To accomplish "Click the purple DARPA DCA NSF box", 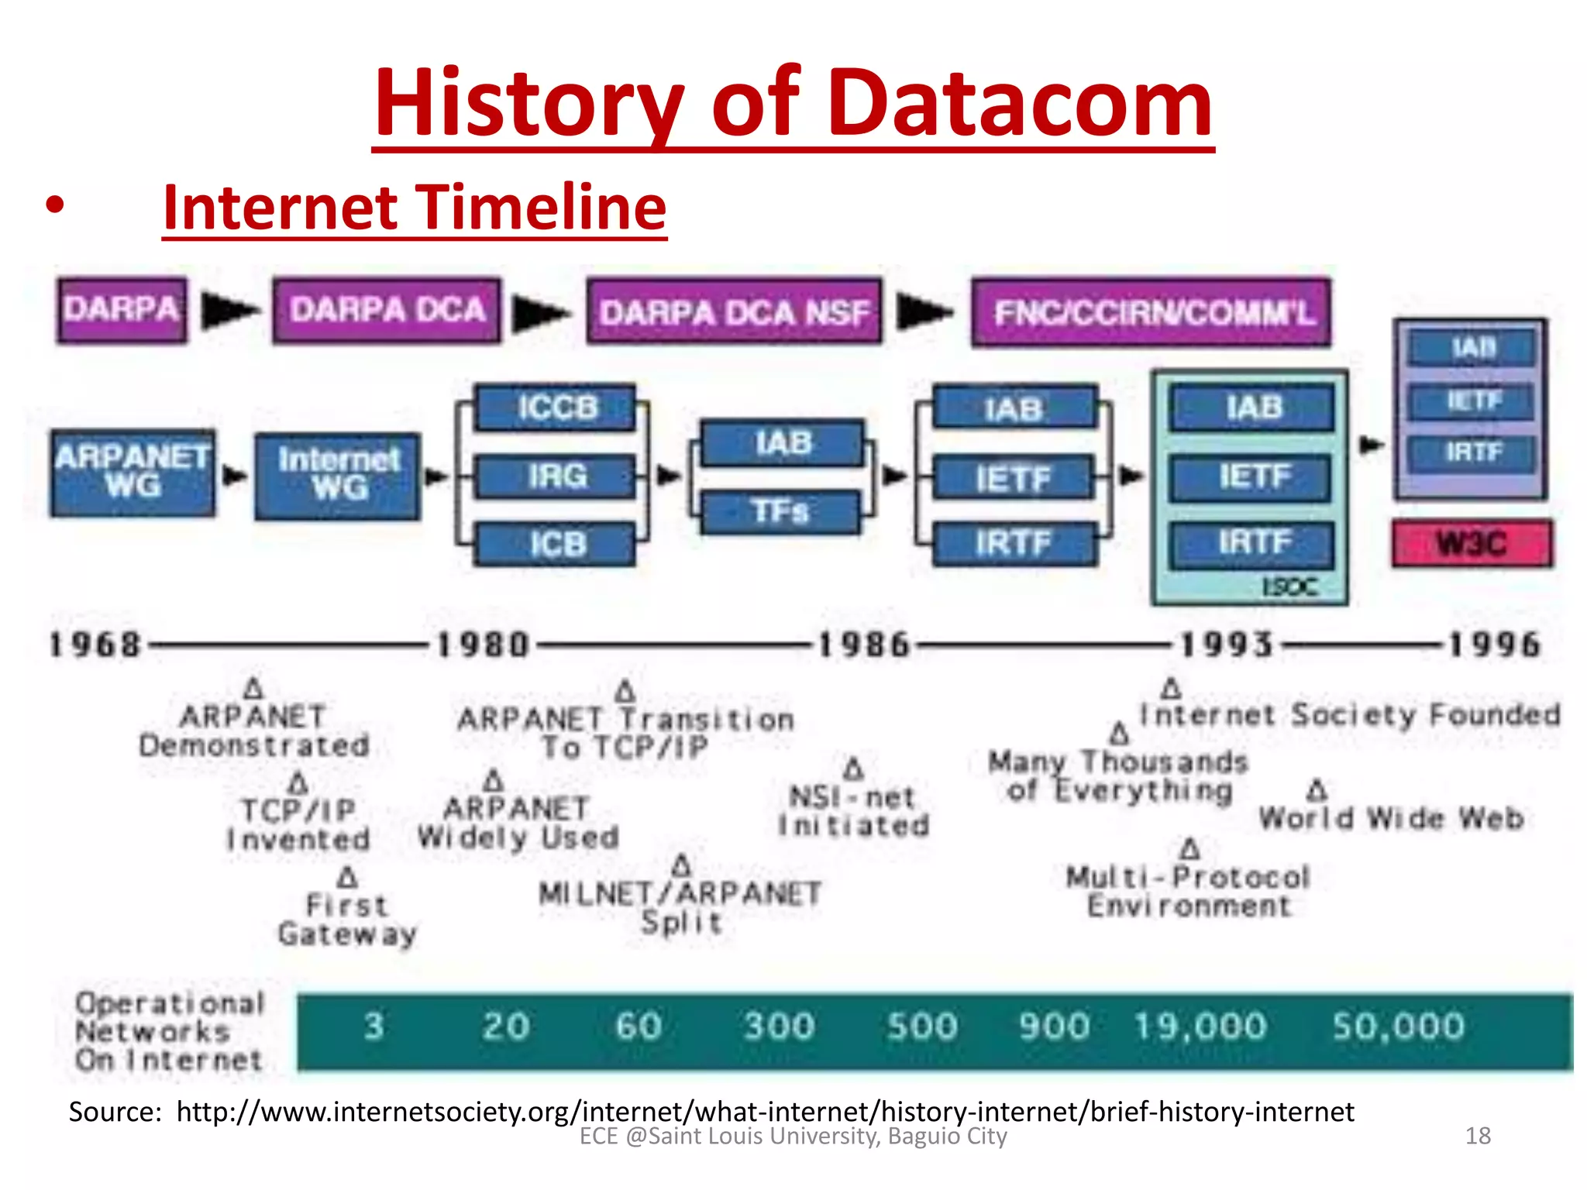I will click(x=734, y=312).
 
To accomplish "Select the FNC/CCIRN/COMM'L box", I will click(x=1152, y=312).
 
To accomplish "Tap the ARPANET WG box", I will click(x=133, y=473).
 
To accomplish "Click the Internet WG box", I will click(x=339, y=475).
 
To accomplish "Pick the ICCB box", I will click(x=556, y=408).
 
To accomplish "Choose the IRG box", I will click(x=556, y=476).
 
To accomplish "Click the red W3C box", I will click(x=1472, y=543).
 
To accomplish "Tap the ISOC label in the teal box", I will click(x=1289, y=587).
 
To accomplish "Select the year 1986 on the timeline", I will click(x=863, y=645).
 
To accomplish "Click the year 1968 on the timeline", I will click(x=95, y=645).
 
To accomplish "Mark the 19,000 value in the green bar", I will click(x=1200, y=1027).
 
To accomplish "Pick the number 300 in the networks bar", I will click(x=779, y=1027).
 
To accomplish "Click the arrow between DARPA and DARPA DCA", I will click(x=229, y=311).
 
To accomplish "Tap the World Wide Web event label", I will click(x=1391, y=818).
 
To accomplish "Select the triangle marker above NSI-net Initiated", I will click(x=853, y=769).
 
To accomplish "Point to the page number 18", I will click(x=1478, y=1136).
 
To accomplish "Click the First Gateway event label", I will click(x=347, y=920).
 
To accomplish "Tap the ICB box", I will click(x=556, y=544).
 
